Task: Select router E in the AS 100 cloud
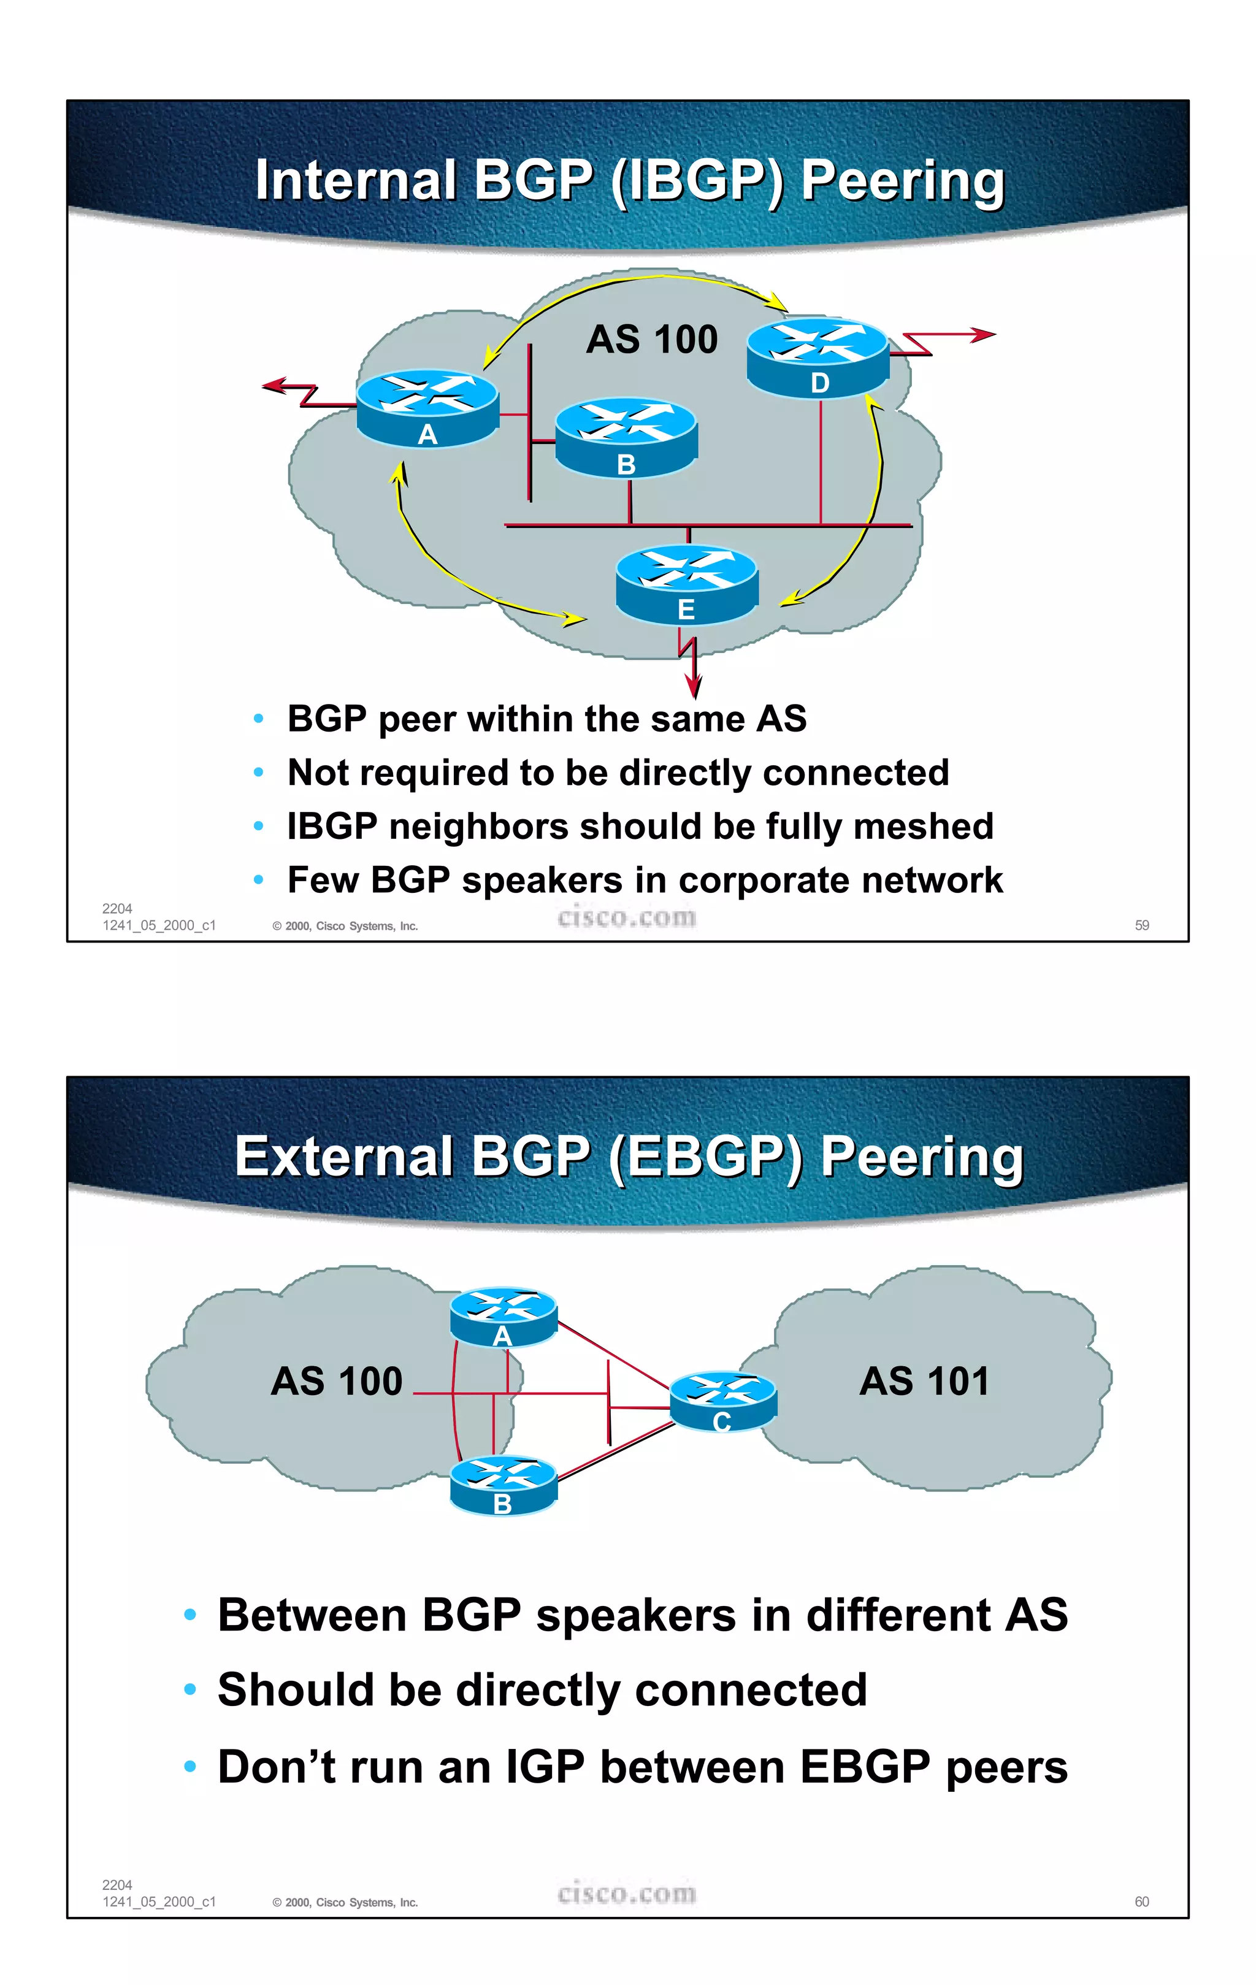pos(686,584)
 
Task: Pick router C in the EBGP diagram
pos(723,1401)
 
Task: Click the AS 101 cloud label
pos(923,1382)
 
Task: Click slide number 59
pos(1141,925)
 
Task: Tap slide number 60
pos(1141,1902)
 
